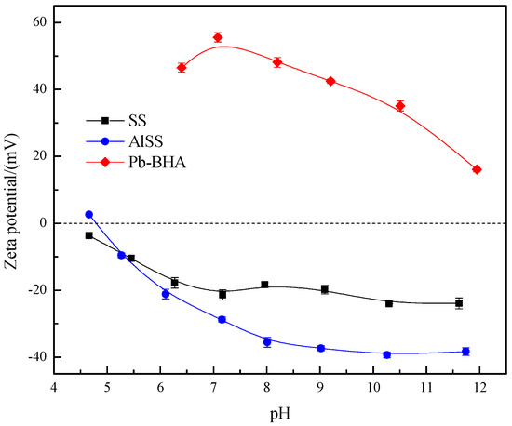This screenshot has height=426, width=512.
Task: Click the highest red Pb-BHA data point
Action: point(218,37)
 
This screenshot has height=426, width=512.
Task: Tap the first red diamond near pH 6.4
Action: point(182,68)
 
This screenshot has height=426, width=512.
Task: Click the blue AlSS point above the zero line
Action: point(89,214)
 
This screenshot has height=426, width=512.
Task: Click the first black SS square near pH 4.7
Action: point(89,235)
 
